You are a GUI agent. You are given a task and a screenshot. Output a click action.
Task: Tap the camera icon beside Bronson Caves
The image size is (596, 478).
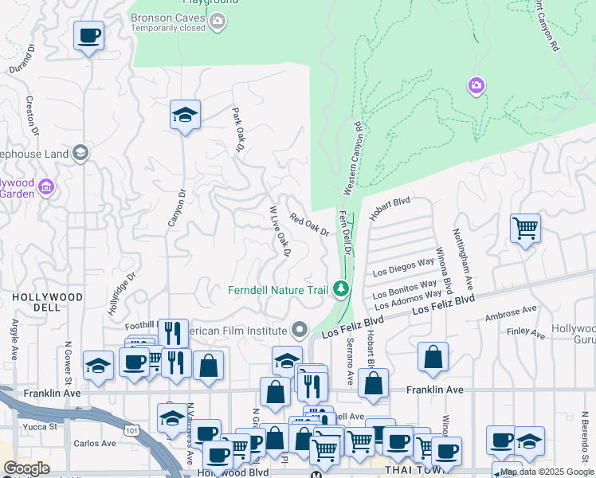(218, 25)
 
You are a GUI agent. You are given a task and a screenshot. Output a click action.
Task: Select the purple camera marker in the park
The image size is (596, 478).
(476, 85)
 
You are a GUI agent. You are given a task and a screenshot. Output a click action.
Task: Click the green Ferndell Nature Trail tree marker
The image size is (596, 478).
(342, 288)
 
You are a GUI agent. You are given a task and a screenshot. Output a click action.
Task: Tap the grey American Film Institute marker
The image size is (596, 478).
(300, 329)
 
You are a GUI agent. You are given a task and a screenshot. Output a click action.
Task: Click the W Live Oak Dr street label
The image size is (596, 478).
(277, 232)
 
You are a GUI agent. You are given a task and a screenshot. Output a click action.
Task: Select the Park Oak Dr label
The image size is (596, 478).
(237, 130)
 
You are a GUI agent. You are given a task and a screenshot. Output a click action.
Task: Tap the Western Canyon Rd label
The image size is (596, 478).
(353, 158)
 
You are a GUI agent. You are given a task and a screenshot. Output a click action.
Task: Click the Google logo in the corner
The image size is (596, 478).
(27, 468)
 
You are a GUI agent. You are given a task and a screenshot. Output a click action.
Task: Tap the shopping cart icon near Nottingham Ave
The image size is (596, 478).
(525, 228)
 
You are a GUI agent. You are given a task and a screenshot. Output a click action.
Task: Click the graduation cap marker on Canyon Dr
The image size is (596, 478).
(185, 115)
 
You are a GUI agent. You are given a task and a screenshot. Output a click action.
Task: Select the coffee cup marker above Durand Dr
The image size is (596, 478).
(89, 36)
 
